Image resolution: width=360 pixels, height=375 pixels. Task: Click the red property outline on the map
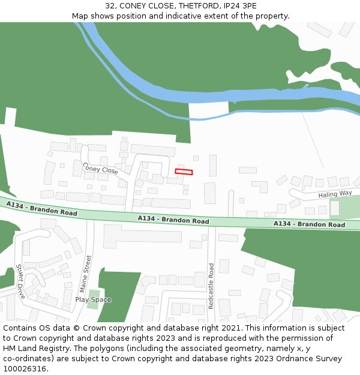(x=184, y=172)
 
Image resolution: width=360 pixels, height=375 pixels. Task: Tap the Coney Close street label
(x=100, y=169)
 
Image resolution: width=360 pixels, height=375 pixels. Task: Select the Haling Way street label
(x=335, y=194)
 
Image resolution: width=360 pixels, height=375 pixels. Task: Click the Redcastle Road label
(x=211, y=286)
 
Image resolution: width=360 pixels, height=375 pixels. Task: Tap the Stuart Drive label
(x=21, y=281)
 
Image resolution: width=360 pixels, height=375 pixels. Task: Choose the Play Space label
(x=93, y=300)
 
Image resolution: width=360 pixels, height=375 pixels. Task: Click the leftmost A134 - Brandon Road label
(x=42, y=209)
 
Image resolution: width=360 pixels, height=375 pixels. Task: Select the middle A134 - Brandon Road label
(x=173, y=220)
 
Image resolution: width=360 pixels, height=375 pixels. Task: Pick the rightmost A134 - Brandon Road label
(x=309, y=224)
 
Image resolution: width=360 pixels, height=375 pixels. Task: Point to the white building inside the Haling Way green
(x=334, y=208)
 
